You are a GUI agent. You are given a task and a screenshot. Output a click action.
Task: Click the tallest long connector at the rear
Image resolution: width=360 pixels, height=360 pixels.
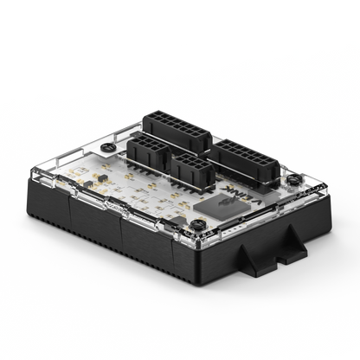(x=178, y=131)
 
